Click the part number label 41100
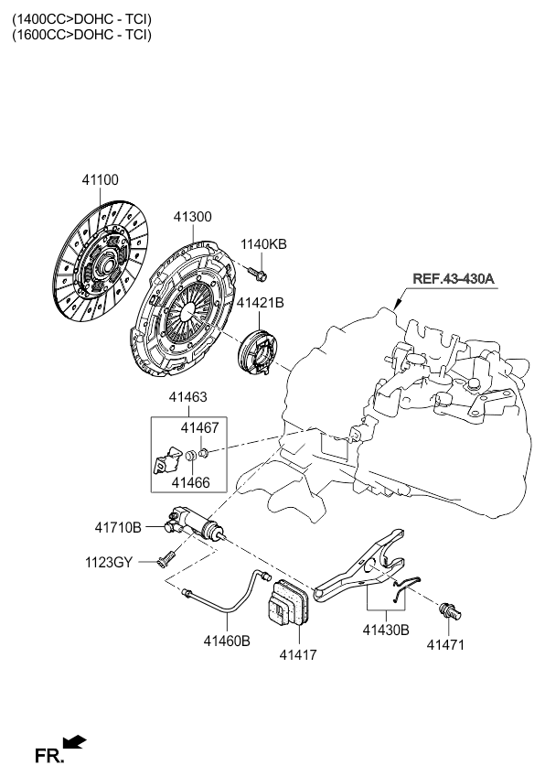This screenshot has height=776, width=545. (x=100, y=179)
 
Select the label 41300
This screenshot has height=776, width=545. (x=192, y=217)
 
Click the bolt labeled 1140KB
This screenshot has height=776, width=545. (x=257, y=273)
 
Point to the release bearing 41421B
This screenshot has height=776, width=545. (x=258, y=350)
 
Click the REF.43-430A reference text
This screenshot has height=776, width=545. (x=453, y=278)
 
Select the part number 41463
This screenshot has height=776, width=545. (x=188, y=397)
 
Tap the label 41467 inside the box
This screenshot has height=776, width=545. (x=199, y=427)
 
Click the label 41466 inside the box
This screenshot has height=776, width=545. (x=190, y=482)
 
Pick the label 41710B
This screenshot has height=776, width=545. (x=118, y=528)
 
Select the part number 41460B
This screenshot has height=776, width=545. (x=227, y=641)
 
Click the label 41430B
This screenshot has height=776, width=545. (x=386, y=630)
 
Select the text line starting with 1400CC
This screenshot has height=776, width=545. (x=82, y=19)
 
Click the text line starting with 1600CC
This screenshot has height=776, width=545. (x=82, y=35)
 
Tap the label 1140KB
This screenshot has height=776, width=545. (x=263, y=244)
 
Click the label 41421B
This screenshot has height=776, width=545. (x=260, y=302)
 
